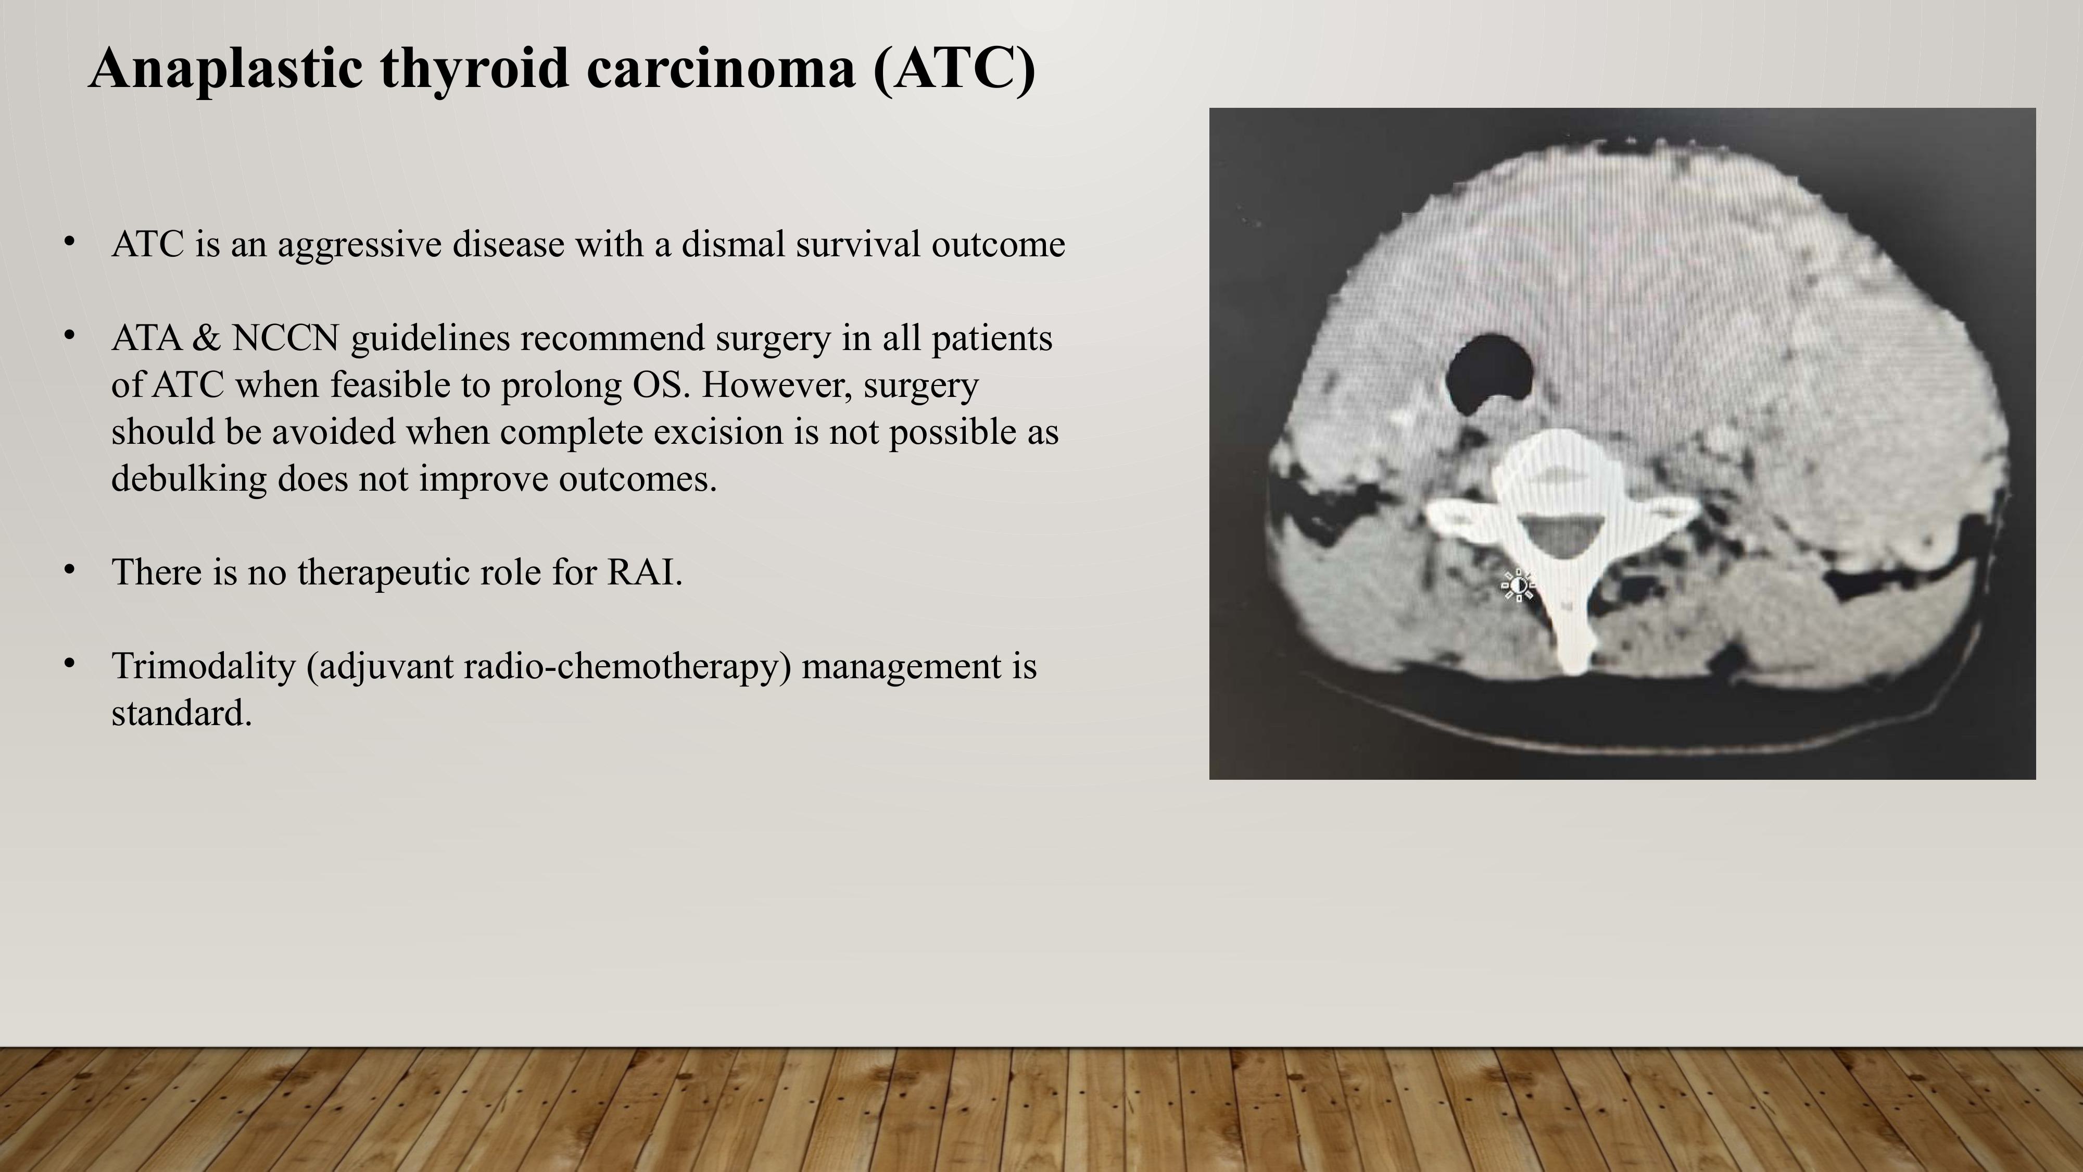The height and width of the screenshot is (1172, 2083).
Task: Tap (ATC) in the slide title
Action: [x=954, y=69]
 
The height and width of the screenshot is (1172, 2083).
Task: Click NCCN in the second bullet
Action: [x=285, y=338]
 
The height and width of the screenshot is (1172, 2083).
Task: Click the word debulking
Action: [x=188, y=478]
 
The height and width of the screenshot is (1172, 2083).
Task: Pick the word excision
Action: [x=718, y=431]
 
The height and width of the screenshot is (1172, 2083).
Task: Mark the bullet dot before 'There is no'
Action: [x=70, y=569]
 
